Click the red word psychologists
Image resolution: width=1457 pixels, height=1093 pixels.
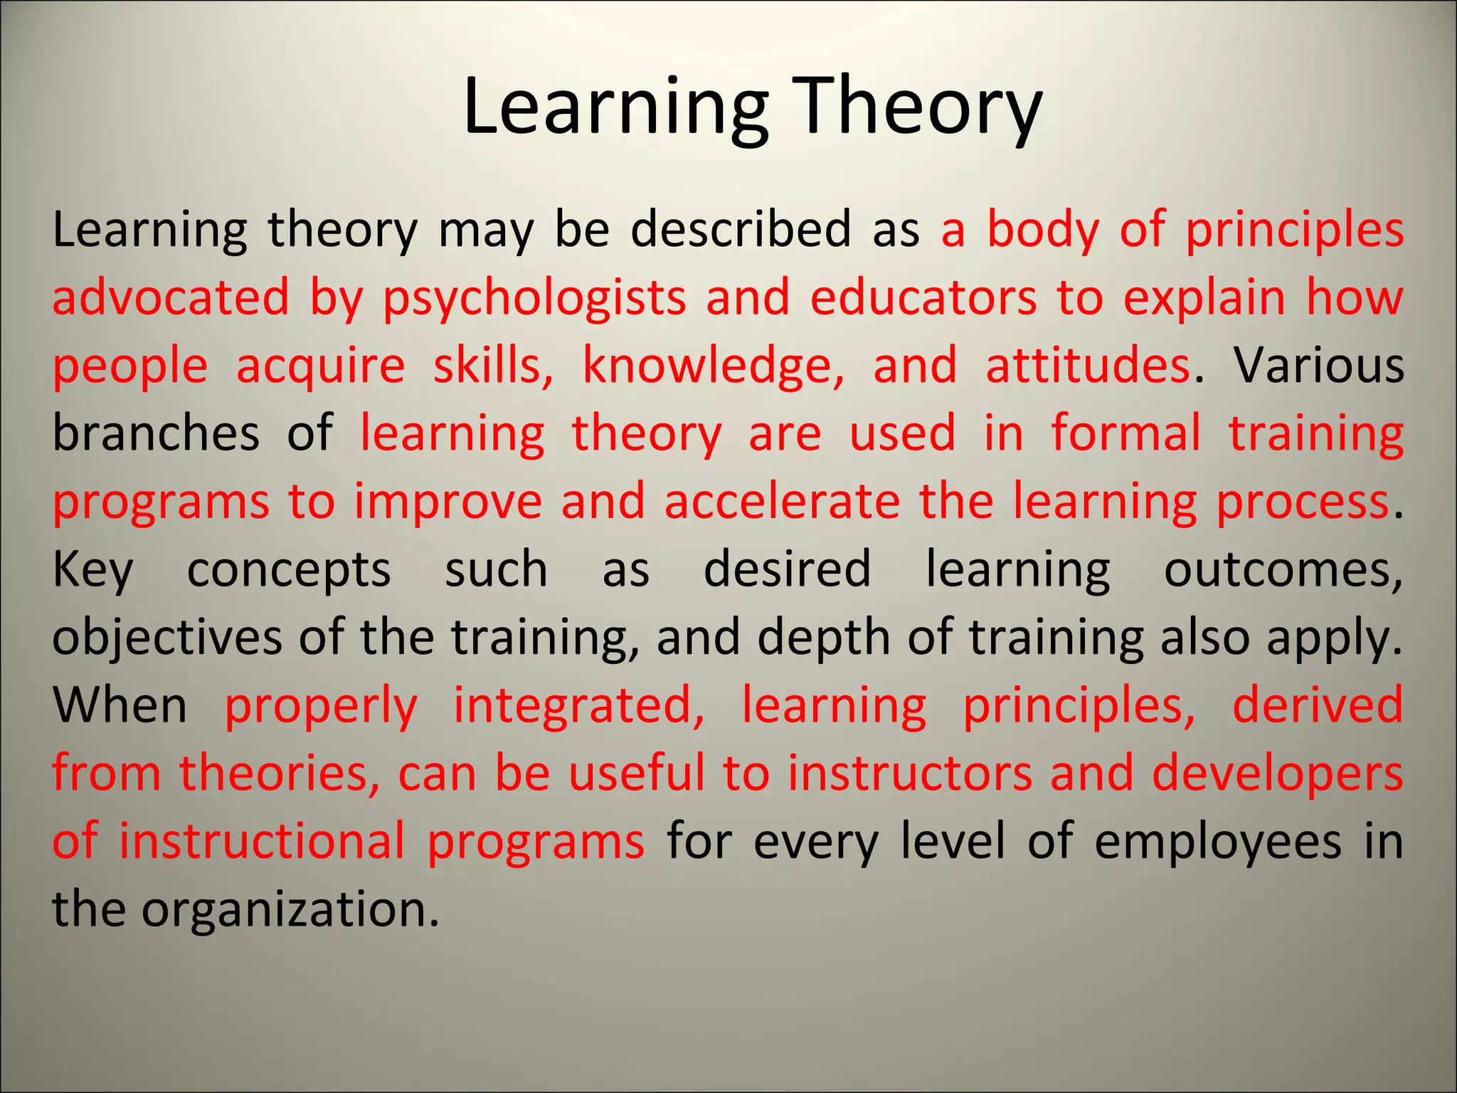click(x=534, y=297)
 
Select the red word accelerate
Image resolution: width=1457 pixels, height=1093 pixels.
click(x=782, y=501)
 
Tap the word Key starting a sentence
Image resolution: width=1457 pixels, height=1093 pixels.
click(x=92, y=570)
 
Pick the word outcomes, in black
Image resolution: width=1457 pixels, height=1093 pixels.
click(x=1283, y=569)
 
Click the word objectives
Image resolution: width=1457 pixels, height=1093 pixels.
click(x=167, y=638)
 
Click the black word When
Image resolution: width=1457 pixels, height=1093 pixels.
click(x=120, y=705)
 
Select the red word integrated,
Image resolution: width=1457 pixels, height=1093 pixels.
click(x=578, y=706)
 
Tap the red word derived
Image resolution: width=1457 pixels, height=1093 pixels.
click(x=1317, y=705)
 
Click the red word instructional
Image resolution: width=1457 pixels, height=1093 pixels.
click(x=261, y=841)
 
